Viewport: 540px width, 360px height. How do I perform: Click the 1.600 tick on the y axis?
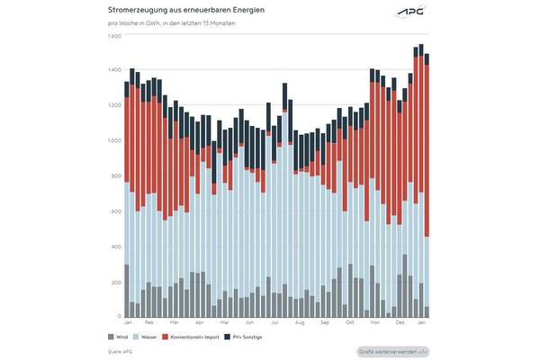(x=114, y=37)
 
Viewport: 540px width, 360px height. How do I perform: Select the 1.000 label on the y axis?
(x=114, y=141)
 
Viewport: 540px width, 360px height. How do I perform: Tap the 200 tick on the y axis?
(x=114, y=282)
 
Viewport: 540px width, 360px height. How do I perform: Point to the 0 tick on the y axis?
(x=118, y=317)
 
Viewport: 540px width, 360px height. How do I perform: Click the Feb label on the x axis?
(x=149, y=322)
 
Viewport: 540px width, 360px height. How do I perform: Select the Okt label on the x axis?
(x=348, y=322)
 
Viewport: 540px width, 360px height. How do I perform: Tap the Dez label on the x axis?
(x=399, y=322)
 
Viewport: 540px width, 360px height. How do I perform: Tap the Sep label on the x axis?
(x=324, y=322)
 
